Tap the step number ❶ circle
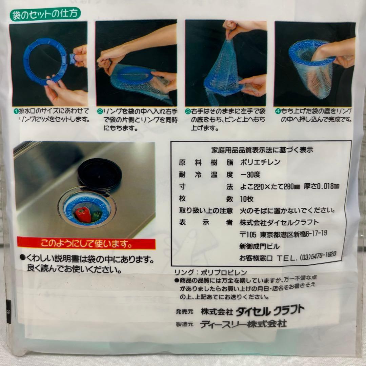pos(16,111)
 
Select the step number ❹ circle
pos(278,111)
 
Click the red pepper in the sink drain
pos(83,214)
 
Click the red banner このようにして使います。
pos(86,243)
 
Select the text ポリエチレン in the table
pos(260,162)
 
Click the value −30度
pos(250,175)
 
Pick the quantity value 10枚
pos(247,199)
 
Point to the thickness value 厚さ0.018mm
pos(321,186)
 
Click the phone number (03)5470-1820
pos(318,256)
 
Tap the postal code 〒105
pos(248,235)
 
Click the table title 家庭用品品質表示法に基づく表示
pos(262,150)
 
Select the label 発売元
pos(184,312)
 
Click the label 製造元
pos(184,324)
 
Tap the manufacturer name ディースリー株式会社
pos(243,324)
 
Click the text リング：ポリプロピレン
pos(210,272)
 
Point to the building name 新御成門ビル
pos(259,246)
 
